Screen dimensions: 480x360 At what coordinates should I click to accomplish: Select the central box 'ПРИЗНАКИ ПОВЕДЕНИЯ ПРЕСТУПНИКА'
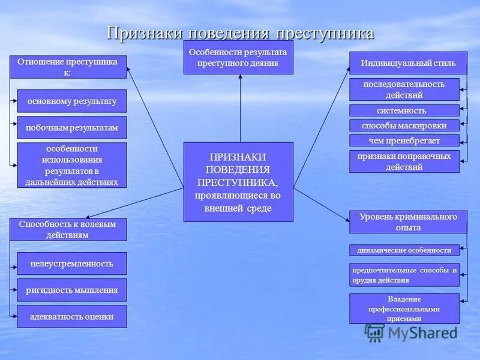238,182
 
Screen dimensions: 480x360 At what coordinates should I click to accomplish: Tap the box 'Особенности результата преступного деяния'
238,58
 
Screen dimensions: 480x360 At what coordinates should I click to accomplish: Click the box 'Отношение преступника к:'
68,67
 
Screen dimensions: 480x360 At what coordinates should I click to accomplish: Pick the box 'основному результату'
72,101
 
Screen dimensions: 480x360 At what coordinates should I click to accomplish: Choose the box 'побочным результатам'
72,128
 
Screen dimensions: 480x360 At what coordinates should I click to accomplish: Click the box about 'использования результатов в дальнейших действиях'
72,165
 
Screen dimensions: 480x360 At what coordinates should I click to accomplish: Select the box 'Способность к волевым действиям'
68,229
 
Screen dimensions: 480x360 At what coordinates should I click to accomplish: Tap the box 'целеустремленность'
72,263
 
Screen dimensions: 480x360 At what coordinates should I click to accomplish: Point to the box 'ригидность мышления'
72,290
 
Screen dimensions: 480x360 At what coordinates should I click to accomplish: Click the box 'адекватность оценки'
72,316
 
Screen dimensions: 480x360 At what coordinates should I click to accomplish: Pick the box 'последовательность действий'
404,89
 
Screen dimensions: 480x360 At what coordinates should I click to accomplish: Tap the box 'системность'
404,110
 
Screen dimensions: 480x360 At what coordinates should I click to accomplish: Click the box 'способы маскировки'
404,125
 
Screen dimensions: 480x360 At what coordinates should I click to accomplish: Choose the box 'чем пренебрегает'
404,140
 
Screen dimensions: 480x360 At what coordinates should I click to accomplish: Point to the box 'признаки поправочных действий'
404,161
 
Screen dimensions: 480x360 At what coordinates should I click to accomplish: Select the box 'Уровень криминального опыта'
408,222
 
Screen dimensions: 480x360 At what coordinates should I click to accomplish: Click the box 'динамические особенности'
404,250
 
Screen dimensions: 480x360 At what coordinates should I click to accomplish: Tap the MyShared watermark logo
412,332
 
